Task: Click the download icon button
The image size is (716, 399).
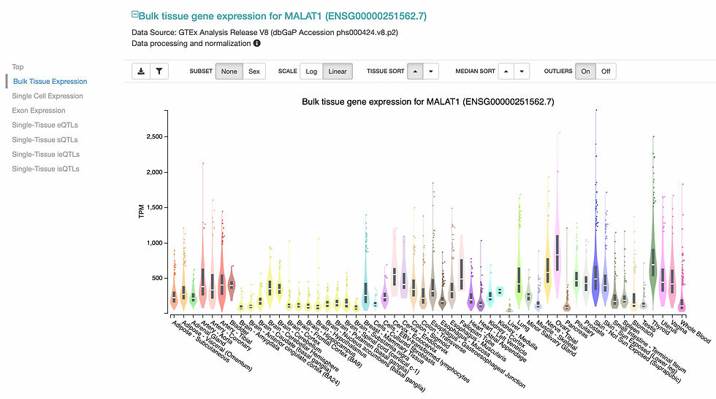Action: tap(141, 71)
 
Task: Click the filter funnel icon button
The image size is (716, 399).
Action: tap(159, 71)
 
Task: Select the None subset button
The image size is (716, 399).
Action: tap(229, 71)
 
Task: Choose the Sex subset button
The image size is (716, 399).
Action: tap(254, 71)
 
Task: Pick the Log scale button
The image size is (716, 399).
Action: tap(311, 71)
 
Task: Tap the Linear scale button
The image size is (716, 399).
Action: tap(338, 71)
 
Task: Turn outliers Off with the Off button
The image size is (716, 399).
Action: tap(605, 71)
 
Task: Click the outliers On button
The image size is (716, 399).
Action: tap(585, 71)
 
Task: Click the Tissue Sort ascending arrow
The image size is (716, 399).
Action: tap(414, 71)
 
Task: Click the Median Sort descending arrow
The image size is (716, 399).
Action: tap(521, 71)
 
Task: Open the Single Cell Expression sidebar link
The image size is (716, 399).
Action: tap(47, 96)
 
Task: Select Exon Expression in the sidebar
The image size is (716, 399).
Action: tap(39, 111)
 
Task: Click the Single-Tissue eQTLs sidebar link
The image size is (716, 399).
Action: tap(45, 125)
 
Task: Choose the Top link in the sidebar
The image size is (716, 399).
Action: tap(18, 67)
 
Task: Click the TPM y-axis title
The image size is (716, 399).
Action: tap(143, 211)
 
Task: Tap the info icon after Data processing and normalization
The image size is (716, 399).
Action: tap(257, 44)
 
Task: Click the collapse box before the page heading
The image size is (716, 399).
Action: tap(134, 14)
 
